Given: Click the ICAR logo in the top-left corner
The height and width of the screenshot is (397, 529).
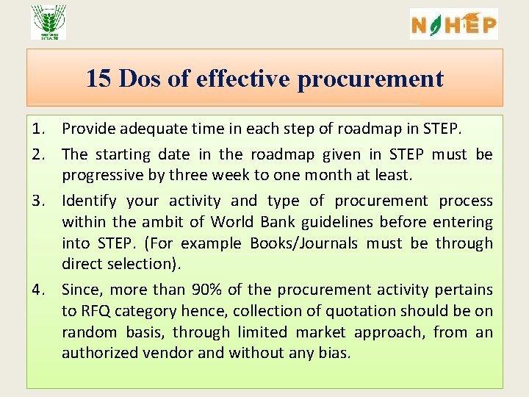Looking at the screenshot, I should [x=48, y=22].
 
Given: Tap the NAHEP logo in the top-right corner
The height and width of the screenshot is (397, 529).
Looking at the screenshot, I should [x=453, y=24].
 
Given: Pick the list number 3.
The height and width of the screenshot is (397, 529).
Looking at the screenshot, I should [x=40, y=201].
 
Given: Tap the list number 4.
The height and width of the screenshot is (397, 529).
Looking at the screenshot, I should [x=40, y=290].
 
